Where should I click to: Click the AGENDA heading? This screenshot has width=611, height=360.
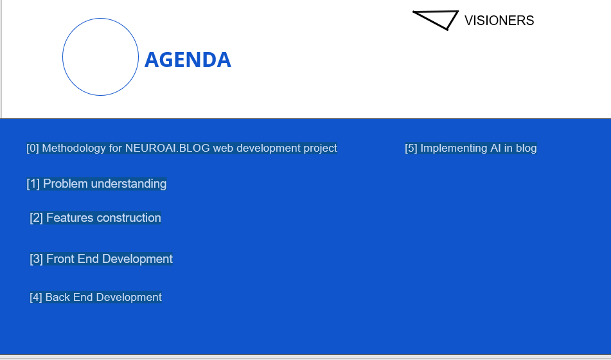point(188,60)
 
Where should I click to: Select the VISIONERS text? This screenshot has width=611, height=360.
point(499,21)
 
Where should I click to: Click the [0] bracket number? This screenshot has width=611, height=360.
point(33,148)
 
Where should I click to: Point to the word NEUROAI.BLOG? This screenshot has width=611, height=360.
point(168,148)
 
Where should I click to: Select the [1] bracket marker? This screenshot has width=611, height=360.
point(33,184)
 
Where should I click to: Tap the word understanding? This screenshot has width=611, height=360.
point(129,184)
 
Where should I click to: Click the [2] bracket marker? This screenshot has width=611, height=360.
point(36,218)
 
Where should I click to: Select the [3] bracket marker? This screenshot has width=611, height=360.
point(36,259)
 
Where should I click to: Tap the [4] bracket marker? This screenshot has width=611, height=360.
point(36,297)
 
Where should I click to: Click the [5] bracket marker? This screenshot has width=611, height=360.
point(411,148)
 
